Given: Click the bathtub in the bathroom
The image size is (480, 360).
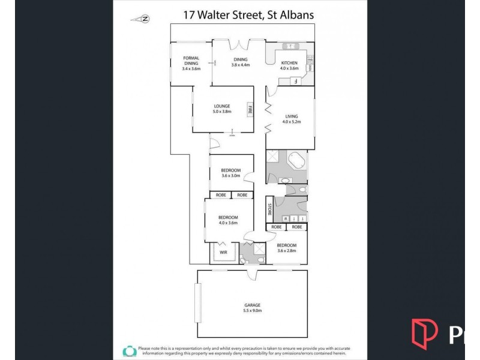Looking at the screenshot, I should click(297, 162).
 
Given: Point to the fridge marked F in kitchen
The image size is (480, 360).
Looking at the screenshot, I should click(295, 82).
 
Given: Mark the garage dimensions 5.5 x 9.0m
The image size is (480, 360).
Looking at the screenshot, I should click(252, 311).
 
